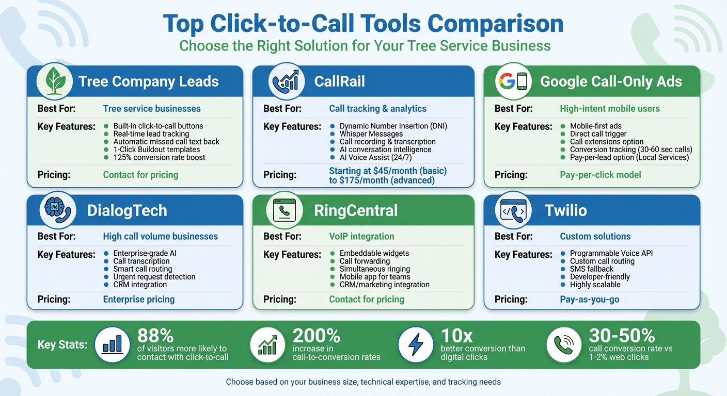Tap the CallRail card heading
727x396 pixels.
pos(339,81)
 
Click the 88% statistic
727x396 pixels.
pos(155,336)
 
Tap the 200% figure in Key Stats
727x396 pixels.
pos(316,336)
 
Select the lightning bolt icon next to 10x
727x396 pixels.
pos(416,344)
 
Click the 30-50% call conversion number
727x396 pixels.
pos(622,336)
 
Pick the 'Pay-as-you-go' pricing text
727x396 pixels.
pos(589,299)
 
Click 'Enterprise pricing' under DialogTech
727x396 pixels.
pos(139,299)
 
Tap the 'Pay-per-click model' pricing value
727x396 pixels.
pos(600,175)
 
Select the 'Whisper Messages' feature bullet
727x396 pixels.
pos(371,134)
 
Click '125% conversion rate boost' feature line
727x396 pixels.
pos(159,157)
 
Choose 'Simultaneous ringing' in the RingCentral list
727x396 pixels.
pos(374,269)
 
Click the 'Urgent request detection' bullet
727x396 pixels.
pos(154,277)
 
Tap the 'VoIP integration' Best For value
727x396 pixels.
pos(361,237)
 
